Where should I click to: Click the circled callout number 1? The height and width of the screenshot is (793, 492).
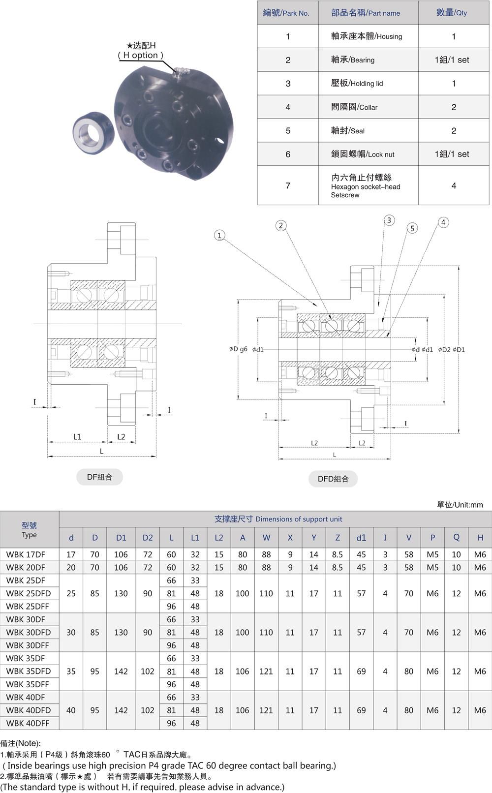219,235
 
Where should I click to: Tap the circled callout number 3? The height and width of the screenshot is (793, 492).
389,220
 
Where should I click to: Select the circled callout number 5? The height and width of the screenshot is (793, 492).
413,228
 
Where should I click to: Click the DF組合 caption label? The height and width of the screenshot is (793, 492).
99,477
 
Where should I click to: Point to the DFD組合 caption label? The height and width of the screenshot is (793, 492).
333,479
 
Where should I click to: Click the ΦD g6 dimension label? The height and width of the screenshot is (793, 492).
238,349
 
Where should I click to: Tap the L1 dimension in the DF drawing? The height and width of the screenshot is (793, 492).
77,436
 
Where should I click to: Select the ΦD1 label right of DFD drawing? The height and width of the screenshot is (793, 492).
459,350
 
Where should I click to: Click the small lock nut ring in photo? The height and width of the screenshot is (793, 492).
93,130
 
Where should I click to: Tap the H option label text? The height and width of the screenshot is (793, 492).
141,55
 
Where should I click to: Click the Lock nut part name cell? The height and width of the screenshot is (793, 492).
363,154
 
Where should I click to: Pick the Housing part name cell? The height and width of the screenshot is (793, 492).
367,36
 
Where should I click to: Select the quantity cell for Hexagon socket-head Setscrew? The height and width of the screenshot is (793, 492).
454,185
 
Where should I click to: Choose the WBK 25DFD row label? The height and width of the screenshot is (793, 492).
29,593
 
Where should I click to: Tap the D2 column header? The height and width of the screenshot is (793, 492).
148,538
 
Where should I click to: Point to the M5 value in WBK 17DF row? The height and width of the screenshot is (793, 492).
432,554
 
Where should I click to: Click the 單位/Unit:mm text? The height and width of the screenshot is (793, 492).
460,504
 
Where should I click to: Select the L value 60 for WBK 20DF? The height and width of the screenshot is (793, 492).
171,567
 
